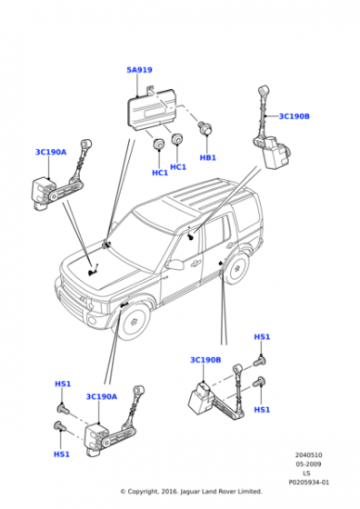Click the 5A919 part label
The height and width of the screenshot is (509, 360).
coord(139,70)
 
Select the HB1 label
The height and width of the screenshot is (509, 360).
coord(208,158)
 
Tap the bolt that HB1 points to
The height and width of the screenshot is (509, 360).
coord(205,128)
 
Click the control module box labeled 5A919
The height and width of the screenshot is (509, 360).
coord(150,108)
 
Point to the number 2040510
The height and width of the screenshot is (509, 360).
coord(308,455)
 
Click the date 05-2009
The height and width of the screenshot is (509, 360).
coord(308,464)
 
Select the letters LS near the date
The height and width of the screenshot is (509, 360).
coord(306,474)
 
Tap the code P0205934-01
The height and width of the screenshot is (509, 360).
coord(308,483)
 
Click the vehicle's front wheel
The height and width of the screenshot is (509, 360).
coord(133,321)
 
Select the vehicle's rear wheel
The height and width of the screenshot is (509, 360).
coord(237,268)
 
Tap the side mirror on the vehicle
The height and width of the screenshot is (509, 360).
coord(175,264)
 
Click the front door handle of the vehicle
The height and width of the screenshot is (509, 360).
coord(195,264)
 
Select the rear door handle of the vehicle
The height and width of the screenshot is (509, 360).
coord(230,245)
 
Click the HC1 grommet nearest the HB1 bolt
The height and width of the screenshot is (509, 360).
coord(177,138)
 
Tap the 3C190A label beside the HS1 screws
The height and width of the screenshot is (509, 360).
coord(101,396)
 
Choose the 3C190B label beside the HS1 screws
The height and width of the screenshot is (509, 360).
coord(205,360)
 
